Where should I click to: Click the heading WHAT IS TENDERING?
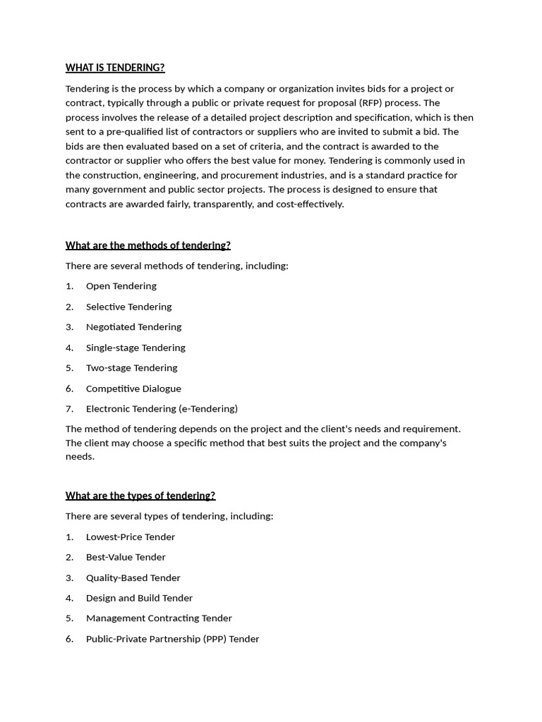pyautogui.click(x=115, y=68)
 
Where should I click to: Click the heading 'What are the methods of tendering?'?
pyautogui.click(x=147, y=245)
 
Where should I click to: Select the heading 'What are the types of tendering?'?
pyautogui.click(x=140, y=496)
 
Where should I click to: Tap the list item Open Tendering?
pyautogui.click(x=121, y=286)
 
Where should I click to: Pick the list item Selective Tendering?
pyautogui.click(x=128, y=307)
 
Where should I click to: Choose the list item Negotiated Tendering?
pyautogui.click(x=133, y=327)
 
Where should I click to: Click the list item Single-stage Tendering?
pyautogui.click(x=135, y=348)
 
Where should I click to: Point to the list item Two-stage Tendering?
pyautogui.click(x=131, y=368)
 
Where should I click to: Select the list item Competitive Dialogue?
pyautogui.click(x=133, y=388)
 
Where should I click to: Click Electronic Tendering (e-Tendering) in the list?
pyautogui.click(x=162, y=409)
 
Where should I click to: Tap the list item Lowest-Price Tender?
pyautogui.click(x=130, y=537)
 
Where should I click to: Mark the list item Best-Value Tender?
pyautogui.click(x=126, y=558)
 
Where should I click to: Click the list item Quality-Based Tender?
pyautogui.click(x=133, y=578)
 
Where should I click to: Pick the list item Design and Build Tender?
pyautogui.click(x=139, y=599)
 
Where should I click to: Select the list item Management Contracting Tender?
pyautogui.click(x=159, y=618)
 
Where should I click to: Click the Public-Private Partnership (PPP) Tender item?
pyautogui.click(x=172, y=640)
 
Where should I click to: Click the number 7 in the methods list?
pyautogui.click(x=69, y=409)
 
